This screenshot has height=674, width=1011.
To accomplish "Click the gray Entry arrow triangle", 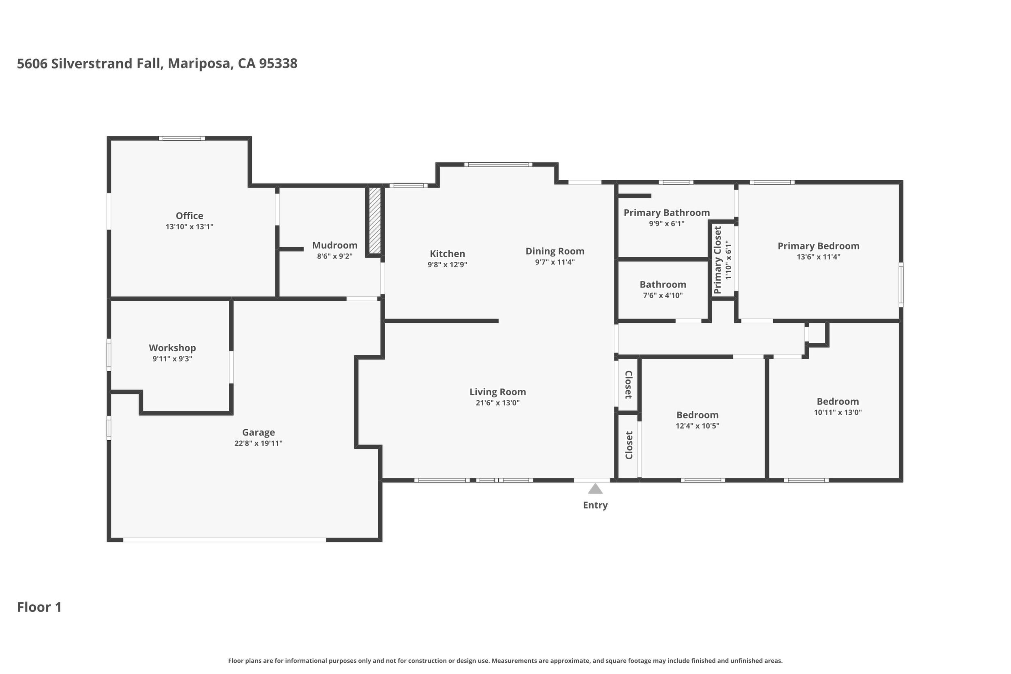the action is tap(595, 489).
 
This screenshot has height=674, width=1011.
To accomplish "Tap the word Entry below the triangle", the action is tap(595, 505).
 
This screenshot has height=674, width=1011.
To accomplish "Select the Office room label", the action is tap(190, 216).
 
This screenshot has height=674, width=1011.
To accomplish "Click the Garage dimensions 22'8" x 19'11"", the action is tap(258, 443).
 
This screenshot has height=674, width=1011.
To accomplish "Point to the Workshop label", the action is tap(173, 348).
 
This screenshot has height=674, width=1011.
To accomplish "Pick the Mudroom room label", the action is tap(335, 245).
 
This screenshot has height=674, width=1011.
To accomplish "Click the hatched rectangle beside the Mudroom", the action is tap(375, 220).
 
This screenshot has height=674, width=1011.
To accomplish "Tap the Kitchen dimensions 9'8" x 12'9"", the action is tap(448, 265).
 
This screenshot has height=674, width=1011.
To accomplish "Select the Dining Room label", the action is tap(555, 251).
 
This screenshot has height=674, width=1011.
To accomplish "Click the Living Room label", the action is tap(498, 392).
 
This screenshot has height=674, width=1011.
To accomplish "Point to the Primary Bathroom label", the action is tap(667, 213).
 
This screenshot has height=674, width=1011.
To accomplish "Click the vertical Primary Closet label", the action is tap(717, 260).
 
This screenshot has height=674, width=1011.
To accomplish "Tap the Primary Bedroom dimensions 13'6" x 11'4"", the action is tap(819, 257).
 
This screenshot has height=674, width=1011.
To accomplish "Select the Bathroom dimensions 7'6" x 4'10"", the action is tap(663, 295).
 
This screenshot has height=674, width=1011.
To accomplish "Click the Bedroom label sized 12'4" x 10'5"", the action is tap(697, 415).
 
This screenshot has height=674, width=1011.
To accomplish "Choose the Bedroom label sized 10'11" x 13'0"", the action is tap(838, 401).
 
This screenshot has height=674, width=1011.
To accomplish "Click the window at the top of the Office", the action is tap(182, 139).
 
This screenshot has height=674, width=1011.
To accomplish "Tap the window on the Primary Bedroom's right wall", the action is tap(901, 285).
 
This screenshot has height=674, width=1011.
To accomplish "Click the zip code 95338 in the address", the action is tap(278, 64).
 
